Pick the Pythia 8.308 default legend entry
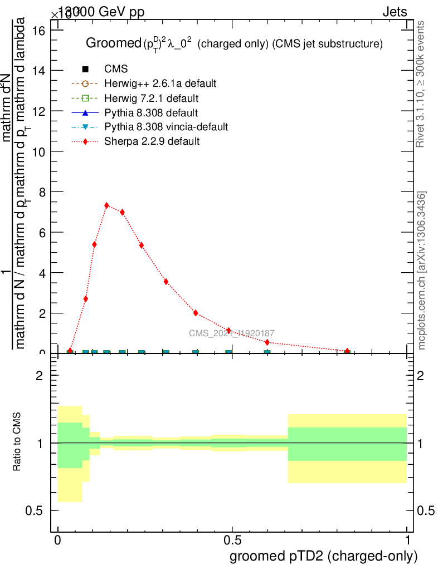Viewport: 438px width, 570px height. pyautogui.click(x=151, y=113)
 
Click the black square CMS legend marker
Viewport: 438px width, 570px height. pyautogui.click(x=85, y=70)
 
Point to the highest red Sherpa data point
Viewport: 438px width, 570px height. pyautogui.click(x=106, y=205)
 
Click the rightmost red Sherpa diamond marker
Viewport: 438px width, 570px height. pyautogui.click(x=347, y=351)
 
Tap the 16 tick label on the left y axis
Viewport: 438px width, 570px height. pyautogui.click(x=39, y=30)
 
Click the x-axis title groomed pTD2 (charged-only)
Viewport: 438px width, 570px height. pyautogui.click(x=323, y=556)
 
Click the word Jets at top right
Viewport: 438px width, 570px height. pyautogui.click(x=395, y=12)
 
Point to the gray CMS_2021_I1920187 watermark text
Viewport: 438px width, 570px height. pyautogui.click(x=232, y=333)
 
